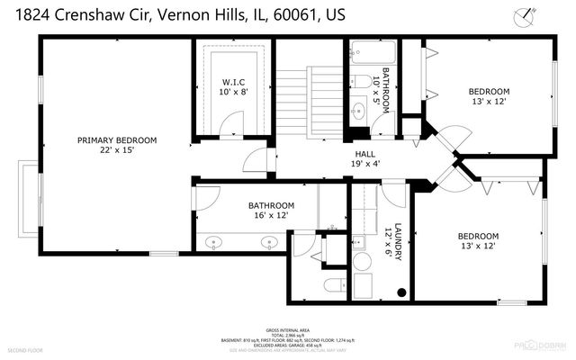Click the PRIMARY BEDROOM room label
117,140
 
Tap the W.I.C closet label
233,78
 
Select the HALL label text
364,154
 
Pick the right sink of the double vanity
268,241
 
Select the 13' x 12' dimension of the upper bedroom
489,102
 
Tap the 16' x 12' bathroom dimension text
271,216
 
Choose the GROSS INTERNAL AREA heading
287,330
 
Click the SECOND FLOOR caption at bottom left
25,348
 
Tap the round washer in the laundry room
363,262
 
